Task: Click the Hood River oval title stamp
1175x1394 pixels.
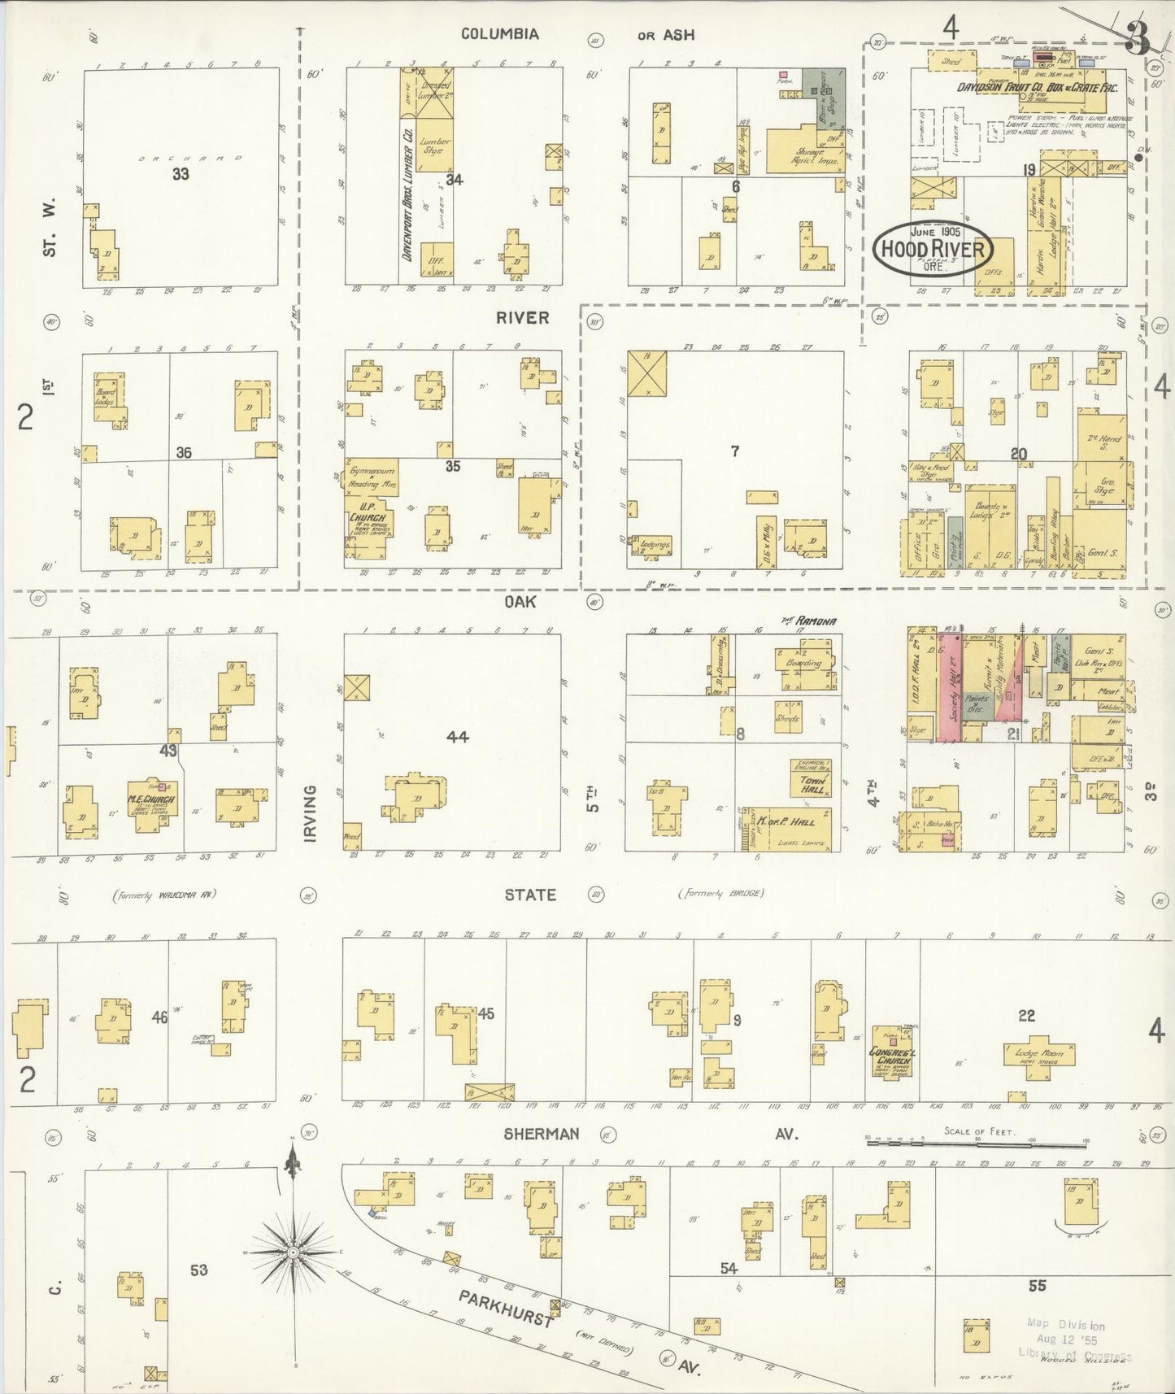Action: click(x=933, y=249)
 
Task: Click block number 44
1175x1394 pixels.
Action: click(x=458, y=737)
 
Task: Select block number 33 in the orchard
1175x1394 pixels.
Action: click(x=181, y=173)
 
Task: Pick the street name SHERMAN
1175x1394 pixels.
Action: click(x=541, y=1134)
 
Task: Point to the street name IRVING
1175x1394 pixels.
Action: click(x=310, y=812)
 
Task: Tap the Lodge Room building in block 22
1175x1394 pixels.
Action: click(x=1039, y=1054)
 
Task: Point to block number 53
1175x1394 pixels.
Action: click(x=198, y=1270)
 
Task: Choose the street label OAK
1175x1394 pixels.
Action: click(x=520, y=601)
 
